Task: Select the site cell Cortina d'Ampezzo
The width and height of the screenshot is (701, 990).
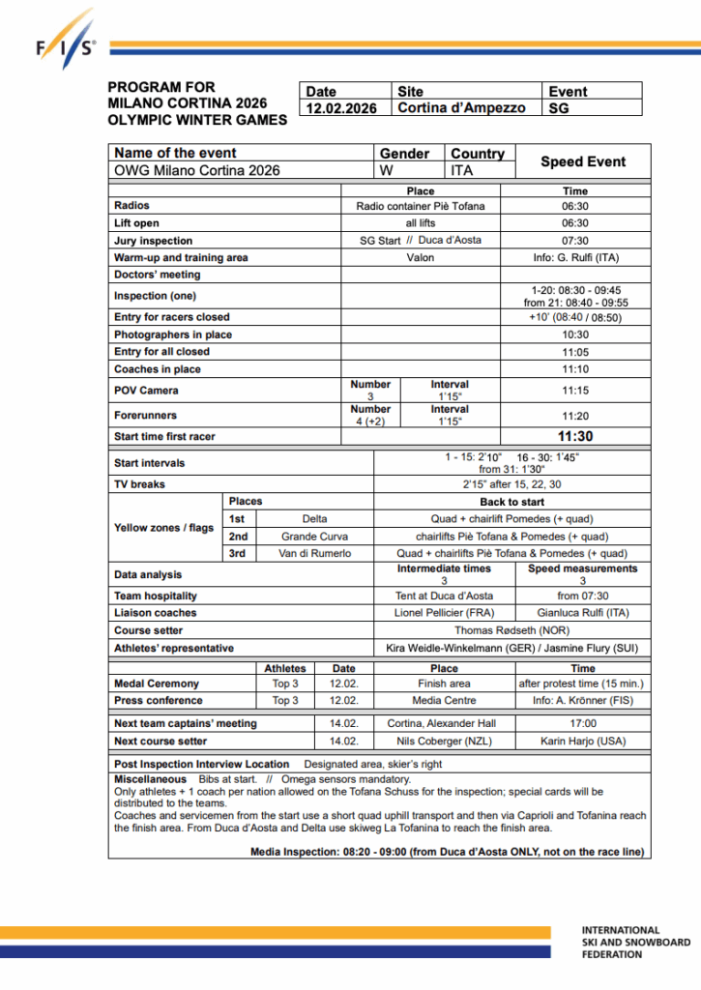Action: (x=461, y=108)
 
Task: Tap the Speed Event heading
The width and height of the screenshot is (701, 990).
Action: (x=582, y=161)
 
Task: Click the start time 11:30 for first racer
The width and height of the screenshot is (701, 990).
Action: (x=575, y=437)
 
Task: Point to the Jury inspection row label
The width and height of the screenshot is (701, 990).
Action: (x=153, y=241)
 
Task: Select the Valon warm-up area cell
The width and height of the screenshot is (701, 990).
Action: (x=420, y=258)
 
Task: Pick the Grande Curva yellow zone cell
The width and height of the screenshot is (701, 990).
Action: (x=314, y=537)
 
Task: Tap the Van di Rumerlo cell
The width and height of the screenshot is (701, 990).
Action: (x=314, y=554)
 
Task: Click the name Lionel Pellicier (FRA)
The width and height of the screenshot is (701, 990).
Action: (x=444, y=613)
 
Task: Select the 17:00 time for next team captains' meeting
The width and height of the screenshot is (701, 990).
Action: (x=582, y=723)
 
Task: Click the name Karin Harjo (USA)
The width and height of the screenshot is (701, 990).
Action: (x=582, y=742)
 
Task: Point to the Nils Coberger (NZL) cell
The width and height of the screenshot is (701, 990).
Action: (x=444, y=742)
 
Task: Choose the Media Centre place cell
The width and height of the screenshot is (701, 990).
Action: (x=444, y=700)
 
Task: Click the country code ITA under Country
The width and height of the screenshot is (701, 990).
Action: (x=463, y=170)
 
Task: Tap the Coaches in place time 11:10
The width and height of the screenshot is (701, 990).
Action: (x=575, y=369)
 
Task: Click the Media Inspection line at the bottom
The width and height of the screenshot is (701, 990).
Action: (x=448, y=852)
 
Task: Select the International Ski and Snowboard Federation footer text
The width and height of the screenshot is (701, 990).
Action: (x=635, y=942)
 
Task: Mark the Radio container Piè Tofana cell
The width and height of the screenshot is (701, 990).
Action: (x=420, y=206)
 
